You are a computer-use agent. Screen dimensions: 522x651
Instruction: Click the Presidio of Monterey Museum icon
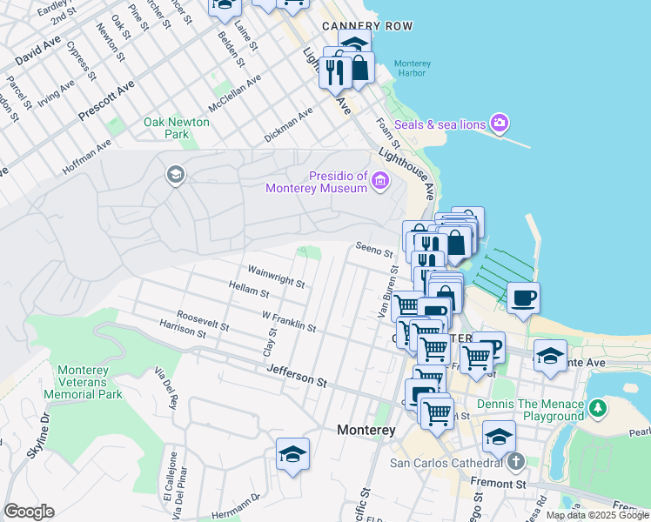[379, 181]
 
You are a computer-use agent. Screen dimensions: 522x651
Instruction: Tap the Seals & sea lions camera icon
[500, 124]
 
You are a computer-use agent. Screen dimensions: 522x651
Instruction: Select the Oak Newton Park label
[177, 128]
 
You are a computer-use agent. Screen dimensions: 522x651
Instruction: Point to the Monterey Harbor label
[412, 68]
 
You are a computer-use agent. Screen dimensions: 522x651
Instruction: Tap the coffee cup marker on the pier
[523, 299]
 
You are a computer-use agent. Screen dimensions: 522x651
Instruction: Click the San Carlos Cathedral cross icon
[516, 461]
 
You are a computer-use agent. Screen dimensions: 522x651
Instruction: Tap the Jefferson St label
[297, 376]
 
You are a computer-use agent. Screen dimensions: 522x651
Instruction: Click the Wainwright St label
[276, 276]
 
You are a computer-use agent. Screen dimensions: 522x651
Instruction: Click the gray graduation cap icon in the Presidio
[175, 176]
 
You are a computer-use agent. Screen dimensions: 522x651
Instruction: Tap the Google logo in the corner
[29, 512]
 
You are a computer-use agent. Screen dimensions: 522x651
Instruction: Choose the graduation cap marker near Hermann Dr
[292, 453]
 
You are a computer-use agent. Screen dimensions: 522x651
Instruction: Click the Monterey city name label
[366, 431]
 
